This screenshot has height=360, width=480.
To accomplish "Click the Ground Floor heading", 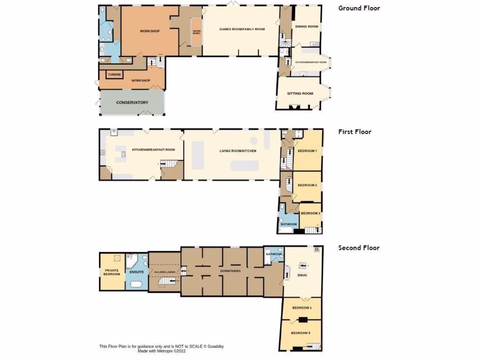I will pos(359,8).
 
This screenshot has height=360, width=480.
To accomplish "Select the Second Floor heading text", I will pos(359,248).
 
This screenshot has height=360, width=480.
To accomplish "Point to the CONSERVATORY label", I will pos(132,102).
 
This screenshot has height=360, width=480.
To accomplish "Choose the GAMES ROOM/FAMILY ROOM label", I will pos(242,29).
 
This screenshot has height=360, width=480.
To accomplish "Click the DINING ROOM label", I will pos(307,27).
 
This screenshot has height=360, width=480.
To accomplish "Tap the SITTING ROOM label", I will pos(300,93).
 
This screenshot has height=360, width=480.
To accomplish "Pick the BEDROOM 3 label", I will pos(310,213).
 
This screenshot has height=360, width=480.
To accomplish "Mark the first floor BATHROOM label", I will pos(289,225).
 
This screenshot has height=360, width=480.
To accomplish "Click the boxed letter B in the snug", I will pos(317,250).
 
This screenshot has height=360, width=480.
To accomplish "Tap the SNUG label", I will pos(302,275).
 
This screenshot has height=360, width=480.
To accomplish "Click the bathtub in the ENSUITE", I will pos(136,285).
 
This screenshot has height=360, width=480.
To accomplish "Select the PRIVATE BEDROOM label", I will pos(112,271).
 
